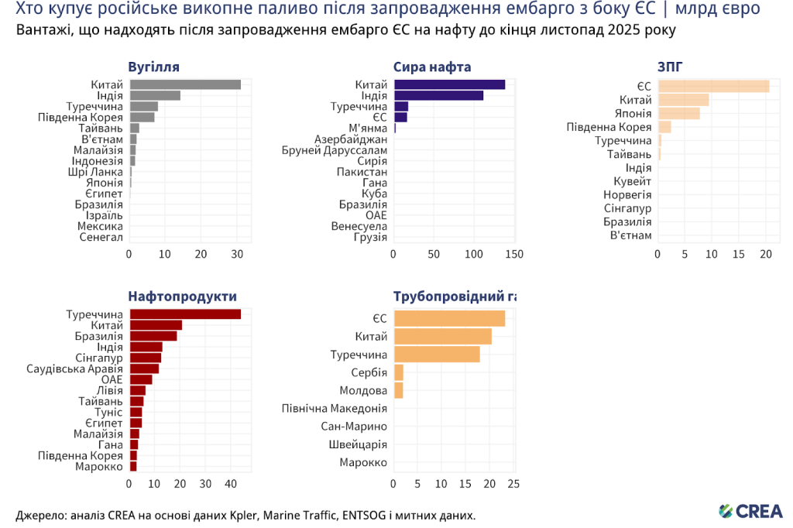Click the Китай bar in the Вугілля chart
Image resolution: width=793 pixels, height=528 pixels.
[x=185, y=84]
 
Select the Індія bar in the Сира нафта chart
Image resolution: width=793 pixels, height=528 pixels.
[x=438, y=95]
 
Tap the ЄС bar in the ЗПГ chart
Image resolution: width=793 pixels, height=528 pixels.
[x=713, y=86]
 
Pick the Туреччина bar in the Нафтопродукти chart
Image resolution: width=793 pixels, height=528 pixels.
[x=185, y=314]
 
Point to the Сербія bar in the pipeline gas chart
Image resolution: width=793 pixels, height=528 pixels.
[x=398, y=372]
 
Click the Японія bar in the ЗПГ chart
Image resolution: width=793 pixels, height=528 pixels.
[x=678, y=113]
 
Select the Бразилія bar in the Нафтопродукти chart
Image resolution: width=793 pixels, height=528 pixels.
[x=153, y=336]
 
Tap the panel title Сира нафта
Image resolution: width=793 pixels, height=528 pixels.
[x=432, y=67]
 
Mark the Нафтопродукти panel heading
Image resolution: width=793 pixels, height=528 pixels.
[x=182, y=296]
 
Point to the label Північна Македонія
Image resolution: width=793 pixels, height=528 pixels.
[x=334, y=408]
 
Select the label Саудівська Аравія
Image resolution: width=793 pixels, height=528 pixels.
[x=74, y=369]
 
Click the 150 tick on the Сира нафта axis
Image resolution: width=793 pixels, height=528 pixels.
[x=513, y=253]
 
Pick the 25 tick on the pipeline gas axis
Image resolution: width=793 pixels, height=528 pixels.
[x=513, y=484]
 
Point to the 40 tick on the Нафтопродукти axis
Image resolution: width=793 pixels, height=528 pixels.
[x=230, y=484]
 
